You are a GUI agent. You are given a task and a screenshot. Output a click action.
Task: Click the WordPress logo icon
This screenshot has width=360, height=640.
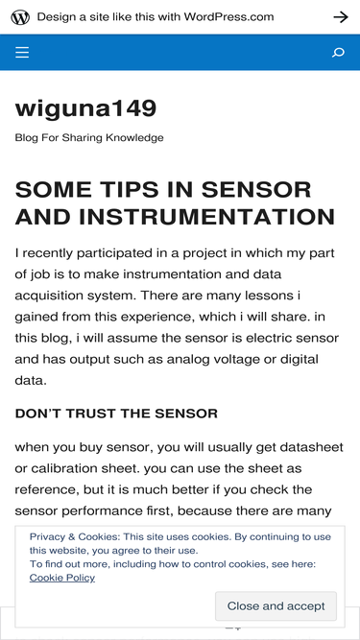[x=20, y=17]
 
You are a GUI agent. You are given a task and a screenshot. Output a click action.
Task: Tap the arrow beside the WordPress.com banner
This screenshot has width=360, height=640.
[x=341, y=17]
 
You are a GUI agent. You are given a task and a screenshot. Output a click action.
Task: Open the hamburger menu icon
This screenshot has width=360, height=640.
[x=22, y=52]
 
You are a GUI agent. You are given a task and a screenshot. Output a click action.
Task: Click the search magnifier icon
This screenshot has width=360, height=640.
[x=338, y=53]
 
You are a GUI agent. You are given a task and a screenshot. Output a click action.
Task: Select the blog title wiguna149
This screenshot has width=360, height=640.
[x=85, y=108]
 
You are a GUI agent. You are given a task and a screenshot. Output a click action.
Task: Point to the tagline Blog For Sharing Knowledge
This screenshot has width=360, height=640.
[x=89, y=138]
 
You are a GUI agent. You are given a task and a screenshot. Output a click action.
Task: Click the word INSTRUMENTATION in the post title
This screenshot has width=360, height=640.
[x=207, y=217]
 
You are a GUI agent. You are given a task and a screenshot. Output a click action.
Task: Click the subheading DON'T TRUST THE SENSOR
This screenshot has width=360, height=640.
[x=116, y=414]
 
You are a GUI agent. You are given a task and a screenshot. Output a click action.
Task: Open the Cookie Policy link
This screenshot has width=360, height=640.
[x=62, y=578]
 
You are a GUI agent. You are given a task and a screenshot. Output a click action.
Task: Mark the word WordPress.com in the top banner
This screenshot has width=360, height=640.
[x=228, y=17]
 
